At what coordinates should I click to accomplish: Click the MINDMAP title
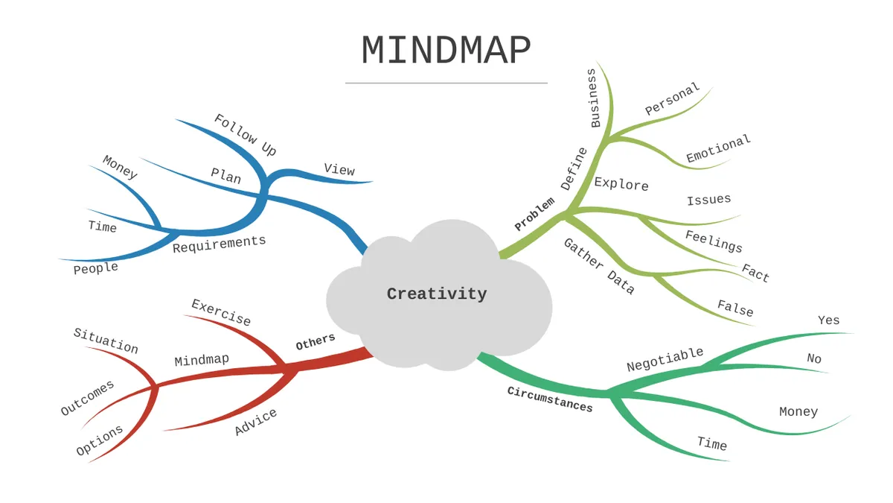[446, 50]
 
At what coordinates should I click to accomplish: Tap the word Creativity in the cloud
[437, 294]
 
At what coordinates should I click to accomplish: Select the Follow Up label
[246, 135]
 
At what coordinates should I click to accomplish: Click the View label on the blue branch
[339, 169]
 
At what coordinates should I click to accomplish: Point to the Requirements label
[220, 244]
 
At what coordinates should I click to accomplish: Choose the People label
[96, 268]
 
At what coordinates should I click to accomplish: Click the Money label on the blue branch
[120, 167]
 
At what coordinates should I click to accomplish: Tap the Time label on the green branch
[712, 443]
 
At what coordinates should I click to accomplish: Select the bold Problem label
[534, 214]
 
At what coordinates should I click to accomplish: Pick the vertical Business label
[594, 98]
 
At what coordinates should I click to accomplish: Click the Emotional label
[718, 148]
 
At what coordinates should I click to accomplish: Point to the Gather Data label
[599, 266]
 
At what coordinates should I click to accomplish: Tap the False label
[735, 309]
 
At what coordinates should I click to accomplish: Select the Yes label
[829, 320]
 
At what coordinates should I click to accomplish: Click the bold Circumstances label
[550, 399]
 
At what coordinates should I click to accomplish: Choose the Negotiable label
[665, 359]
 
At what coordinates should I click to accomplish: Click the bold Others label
[316, 342]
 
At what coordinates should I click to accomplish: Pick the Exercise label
[221, 312]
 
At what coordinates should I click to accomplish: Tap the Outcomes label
[87, 398]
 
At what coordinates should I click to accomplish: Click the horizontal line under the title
[446, 83]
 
